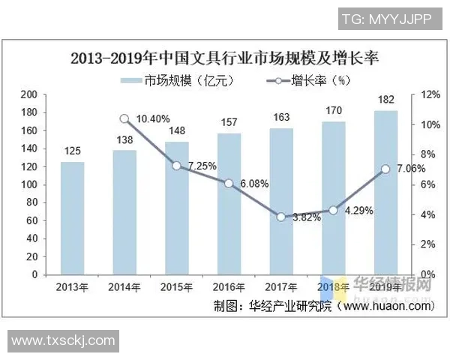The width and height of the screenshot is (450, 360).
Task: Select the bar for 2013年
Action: pos(73,217)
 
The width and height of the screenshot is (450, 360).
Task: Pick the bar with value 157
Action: pos(229,203)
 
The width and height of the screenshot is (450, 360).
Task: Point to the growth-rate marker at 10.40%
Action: pos(125,118)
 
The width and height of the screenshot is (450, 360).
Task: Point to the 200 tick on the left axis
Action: pos(30,94)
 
